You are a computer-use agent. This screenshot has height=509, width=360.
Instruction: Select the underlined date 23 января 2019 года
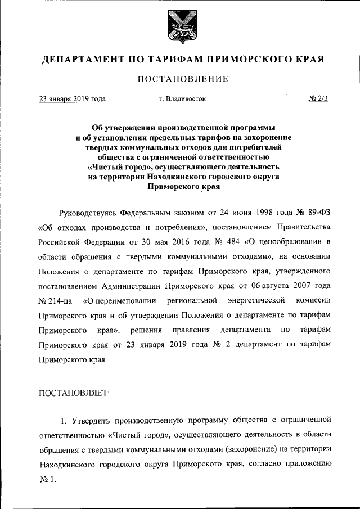tap(72, 99)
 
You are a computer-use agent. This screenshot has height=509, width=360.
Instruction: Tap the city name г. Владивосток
tap(182, 99)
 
